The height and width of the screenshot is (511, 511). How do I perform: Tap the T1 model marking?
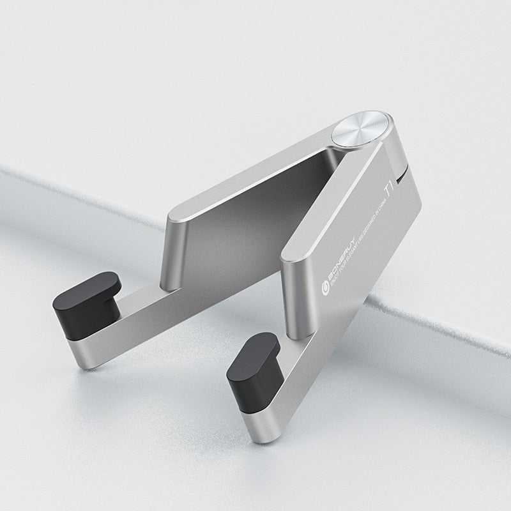[x=388, y=189]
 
